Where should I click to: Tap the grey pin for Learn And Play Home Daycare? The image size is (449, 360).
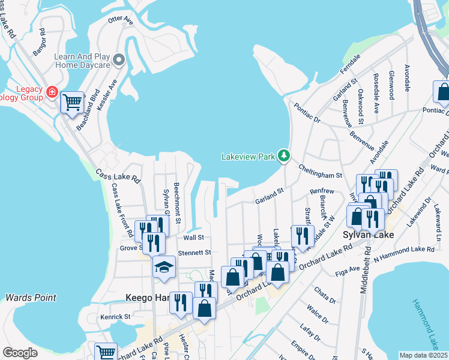click(119, 59)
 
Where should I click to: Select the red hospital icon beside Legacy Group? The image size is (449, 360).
click(52, 92)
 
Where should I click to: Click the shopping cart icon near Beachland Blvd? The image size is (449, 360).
click(72, 102)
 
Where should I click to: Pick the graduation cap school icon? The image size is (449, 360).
click(164, 268)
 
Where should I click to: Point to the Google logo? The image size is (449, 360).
click(20, 353)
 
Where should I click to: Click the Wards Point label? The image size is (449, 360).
click(31, 298)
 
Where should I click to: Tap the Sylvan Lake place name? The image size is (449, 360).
click(368, 235)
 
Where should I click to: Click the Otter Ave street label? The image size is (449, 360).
click(120, 20)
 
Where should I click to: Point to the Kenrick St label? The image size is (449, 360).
click(115, 316)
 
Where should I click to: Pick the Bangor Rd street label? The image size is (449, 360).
click(40, 42)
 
